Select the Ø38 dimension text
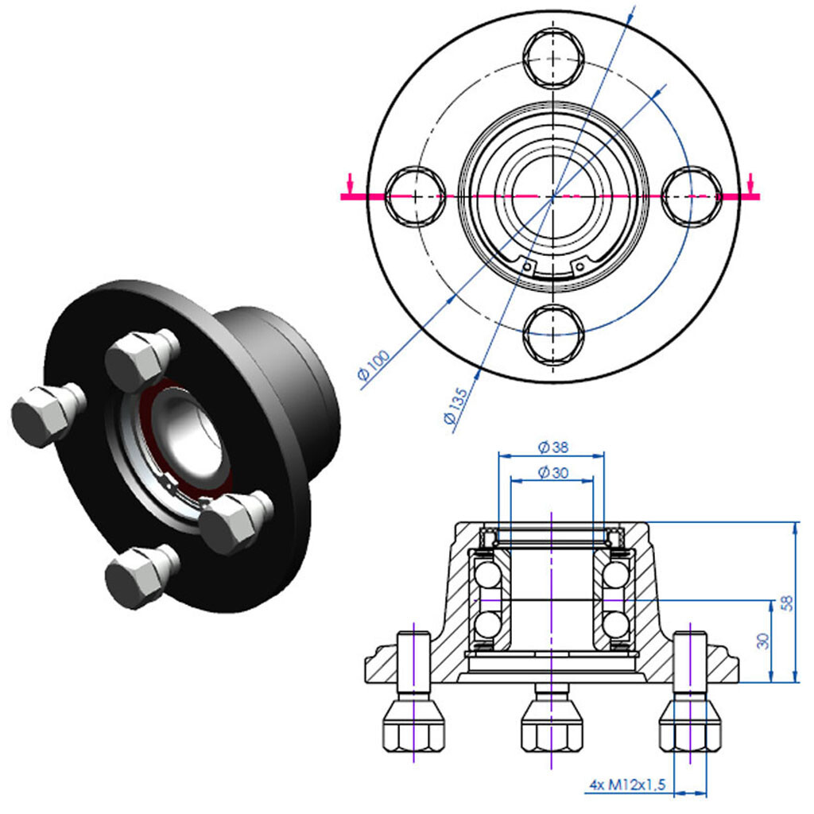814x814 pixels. [x=549, y=447]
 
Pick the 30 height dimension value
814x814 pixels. [x=762, y=641]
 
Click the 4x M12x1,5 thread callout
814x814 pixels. [x=627, y=785]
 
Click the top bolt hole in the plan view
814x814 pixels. [x=554, y=57]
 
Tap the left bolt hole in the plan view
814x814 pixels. [x=415, y=196]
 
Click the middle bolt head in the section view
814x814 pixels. [x=551, y=726]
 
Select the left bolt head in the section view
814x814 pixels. [x=413, y=726]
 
